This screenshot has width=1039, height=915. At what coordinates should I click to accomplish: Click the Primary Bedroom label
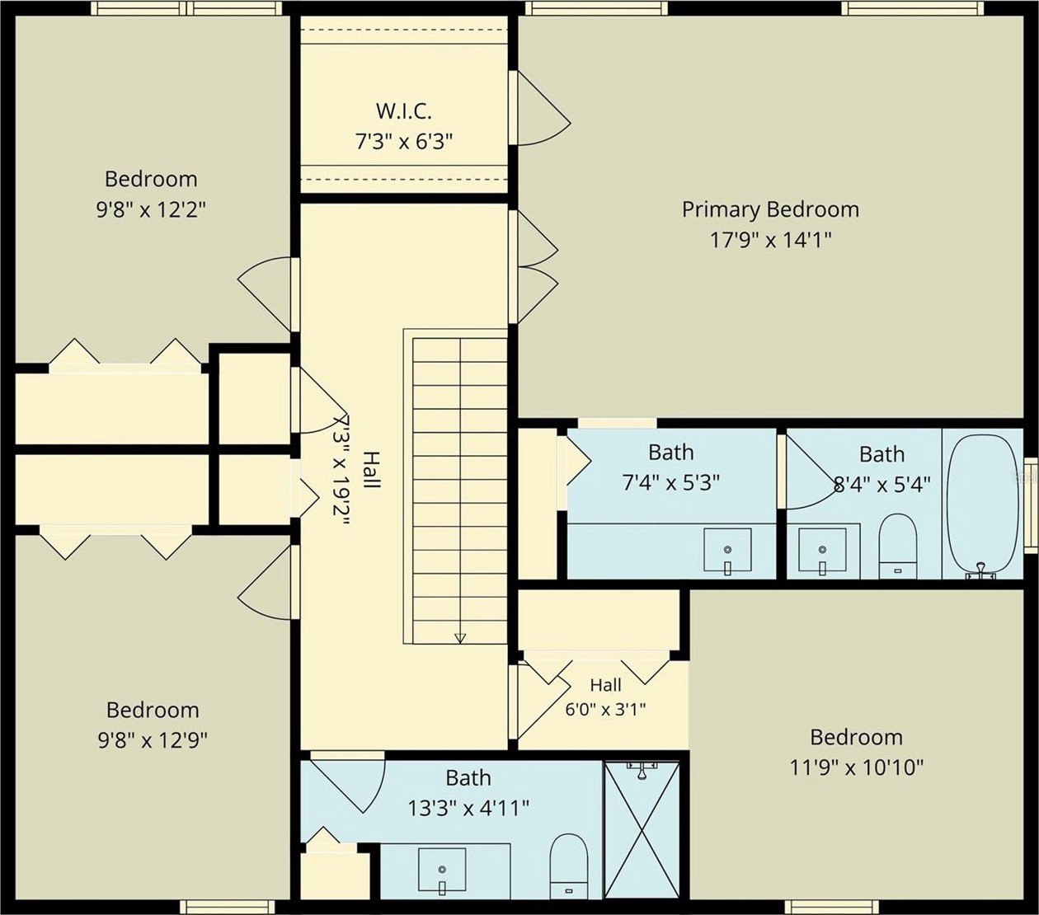(x=770, y=209)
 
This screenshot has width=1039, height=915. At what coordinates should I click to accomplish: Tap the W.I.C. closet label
(x=403, y=110)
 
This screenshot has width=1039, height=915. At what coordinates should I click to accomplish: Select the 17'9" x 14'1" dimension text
(x=770, y=240)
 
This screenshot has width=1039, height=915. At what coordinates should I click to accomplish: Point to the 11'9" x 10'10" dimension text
(x=857, y=768)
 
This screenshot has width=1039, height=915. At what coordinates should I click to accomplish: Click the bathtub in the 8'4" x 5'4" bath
(x=981, y=508)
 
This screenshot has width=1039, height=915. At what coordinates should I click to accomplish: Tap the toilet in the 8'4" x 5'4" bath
(x=897, y=547)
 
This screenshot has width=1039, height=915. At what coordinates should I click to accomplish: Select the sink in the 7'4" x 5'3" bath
(x=727, y=551)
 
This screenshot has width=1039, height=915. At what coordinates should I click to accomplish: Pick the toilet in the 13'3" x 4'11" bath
(x=568, y=866)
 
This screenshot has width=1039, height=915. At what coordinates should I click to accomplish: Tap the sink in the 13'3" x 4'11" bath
(x=442, y=870)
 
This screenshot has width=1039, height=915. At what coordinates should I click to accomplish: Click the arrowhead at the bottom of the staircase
(x=460, y=638)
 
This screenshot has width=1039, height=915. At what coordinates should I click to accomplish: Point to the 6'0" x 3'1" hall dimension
(x=605, y=710)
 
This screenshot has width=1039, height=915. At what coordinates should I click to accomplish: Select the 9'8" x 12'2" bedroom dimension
(x=151, y=209)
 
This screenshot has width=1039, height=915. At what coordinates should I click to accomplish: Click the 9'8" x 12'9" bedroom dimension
(x=153, y=740)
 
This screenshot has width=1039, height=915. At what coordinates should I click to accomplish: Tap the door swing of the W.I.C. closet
(x=544, y=108)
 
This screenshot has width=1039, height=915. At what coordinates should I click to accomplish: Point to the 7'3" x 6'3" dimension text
(x=404, y=141)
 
